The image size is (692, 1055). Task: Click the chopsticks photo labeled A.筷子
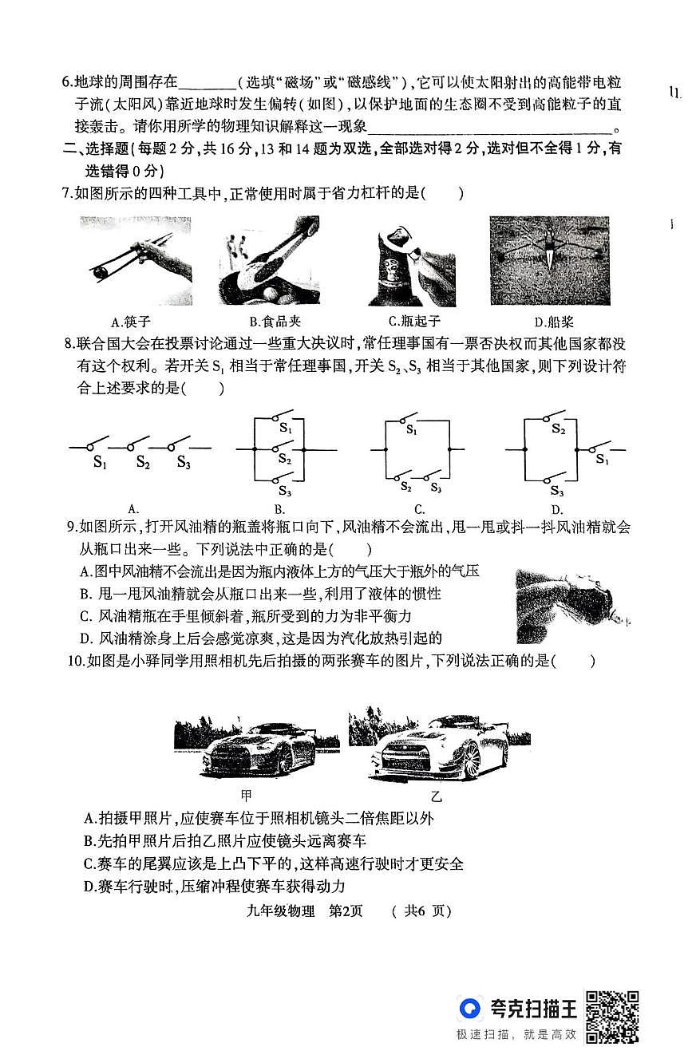click(x=135, y=260)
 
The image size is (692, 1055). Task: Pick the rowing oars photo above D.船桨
click(x=549, y=260)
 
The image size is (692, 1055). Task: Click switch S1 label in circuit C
click(x=411, y=429)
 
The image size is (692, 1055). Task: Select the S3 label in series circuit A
click(x=184, y=461)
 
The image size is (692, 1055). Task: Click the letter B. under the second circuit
click(x=280, y=509)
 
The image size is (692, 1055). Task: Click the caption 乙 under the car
click(x=436, y=796)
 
